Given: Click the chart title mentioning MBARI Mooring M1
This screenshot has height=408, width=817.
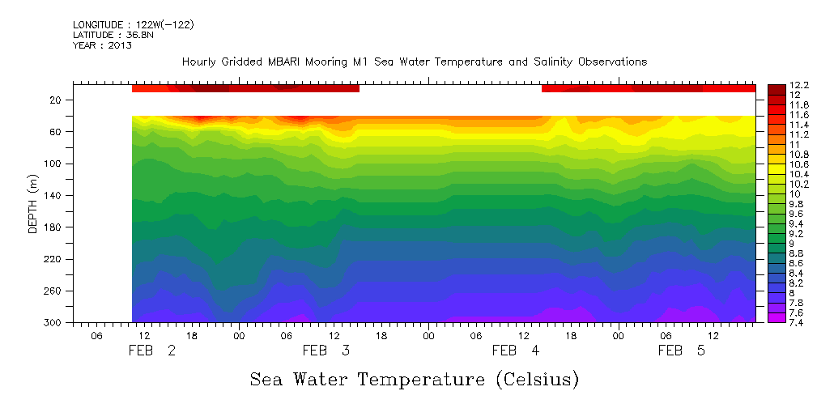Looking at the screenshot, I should pos(415,62).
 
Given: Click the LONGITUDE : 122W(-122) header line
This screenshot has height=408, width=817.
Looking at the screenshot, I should pos(133,25).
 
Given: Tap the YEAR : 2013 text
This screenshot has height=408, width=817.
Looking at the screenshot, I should pos(102,46).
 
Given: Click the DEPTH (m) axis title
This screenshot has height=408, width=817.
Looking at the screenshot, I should pos(33,206).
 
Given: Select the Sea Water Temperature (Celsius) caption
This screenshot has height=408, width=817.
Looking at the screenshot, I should pos(415,379).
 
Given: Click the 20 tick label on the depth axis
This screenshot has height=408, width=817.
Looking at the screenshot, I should pos(56,100).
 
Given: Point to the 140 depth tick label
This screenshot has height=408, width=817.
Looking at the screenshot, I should pos(53,196).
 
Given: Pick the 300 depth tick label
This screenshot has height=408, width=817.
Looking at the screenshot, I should pos(53,323).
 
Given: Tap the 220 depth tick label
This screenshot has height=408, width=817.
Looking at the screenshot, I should pos(53,260).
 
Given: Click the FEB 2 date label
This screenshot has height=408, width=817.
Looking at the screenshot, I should pos(151,351).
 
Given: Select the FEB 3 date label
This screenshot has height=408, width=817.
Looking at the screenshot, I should pos(326,351).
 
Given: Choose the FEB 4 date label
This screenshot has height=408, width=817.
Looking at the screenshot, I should pos(516,351).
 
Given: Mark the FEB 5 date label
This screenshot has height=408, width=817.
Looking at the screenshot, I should pos(682,351).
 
